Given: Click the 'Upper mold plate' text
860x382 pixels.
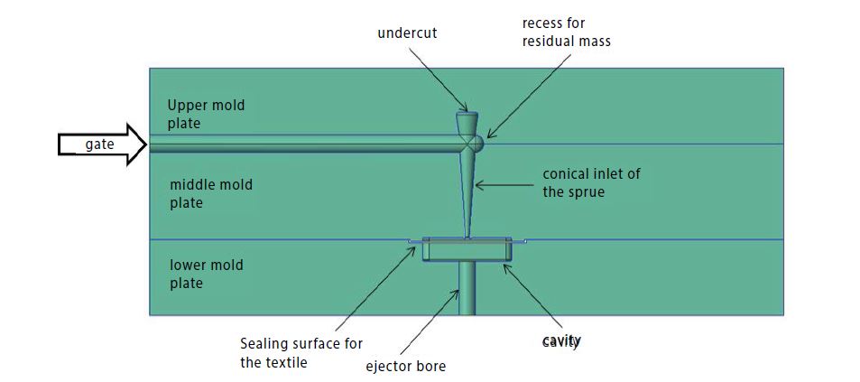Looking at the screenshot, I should tap(206, 114).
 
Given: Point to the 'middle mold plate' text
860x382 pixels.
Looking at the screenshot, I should tap(211, 193).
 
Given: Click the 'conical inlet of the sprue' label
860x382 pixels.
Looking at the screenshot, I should tap(591, 182).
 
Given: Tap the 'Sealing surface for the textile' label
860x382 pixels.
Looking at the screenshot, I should tap(301, 351).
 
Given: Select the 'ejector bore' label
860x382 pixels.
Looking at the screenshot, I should tap(406, 366).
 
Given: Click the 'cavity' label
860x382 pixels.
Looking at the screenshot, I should tap(561, 341).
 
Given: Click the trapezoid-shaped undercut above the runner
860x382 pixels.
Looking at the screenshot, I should tap(467, 122).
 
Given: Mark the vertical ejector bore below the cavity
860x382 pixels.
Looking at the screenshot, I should tap(467, 288).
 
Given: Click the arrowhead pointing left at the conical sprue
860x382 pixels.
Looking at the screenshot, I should tap(479, 185).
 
